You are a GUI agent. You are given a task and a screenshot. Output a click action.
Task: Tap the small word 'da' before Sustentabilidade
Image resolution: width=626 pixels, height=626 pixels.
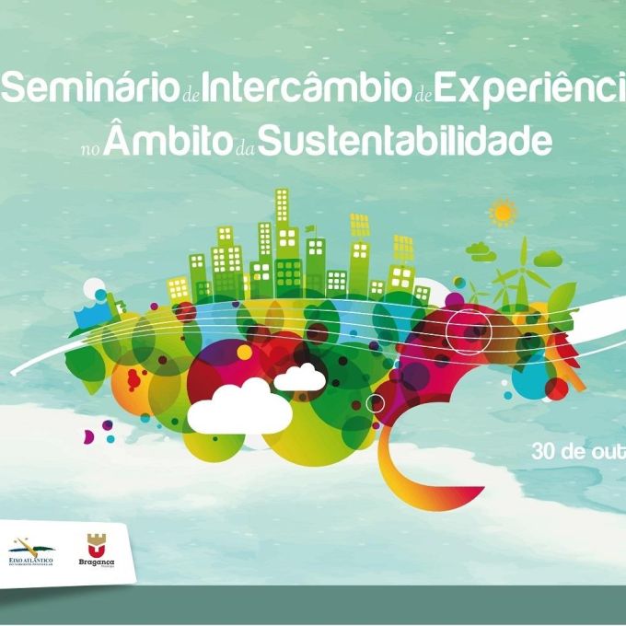click(x=246, y=146)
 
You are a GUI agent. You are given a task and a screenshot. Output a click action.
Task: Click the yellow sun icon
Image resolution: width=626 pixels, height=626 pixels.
click(x=503, y=214)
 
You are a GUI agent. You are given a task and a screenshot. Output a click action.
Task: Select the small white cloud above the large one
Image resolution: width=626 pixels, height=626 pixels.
click(x=299, y=377)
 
